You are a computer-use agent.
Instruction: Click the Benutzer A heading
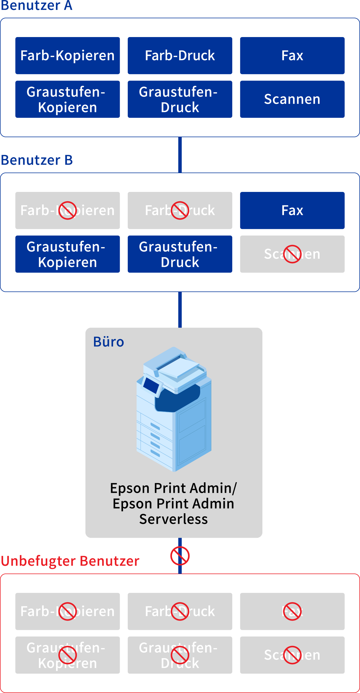tap(36, 6)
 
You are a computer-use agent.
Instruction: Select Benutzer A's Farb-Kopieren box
tap(67, 56)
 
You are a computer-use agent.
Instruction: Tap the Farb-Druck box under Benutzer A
tap(180, 56)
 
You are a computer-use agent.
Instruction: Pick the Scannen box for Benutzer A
tap(292, 99)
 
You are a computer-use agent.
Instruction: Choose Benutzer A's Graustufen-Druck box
tap(180, 99)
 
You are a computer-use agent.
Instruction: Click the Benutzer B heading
tap(37, 160)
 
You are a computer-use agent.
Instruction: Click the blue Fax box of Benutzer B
tap(292, 210)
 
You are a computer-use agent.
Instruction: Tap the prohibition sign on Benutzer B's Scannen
tap(292, 254)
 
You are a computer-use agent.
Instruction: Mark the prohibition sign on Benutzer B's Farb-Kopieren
tap(67, 210)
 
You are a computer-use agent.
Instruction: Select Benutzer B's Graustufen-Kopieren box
tap(67, 254)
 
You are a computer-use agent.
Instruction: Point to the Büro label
tap(108, 342)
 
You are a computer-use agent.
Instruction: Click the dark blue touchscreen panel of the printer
tap(151, 385)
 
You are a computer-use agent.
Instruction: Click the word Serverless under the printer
tap(173, 519)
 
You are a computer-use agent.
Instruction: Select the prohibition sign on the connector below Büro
tap(180, 556)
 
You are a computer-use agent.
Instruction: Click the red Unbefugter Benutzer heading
tap(70, 561)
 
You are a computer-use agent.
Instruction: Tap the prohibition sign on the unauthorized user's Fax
tap(292, 611)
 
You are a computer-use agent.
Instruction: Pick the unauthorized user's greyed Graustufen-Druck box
tap(180, 655)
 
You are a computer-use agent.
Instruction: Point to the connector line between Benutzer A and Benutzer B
tap(180, 155)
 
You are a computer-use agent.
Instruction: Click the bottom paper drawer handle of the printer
tap(155, 453)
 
